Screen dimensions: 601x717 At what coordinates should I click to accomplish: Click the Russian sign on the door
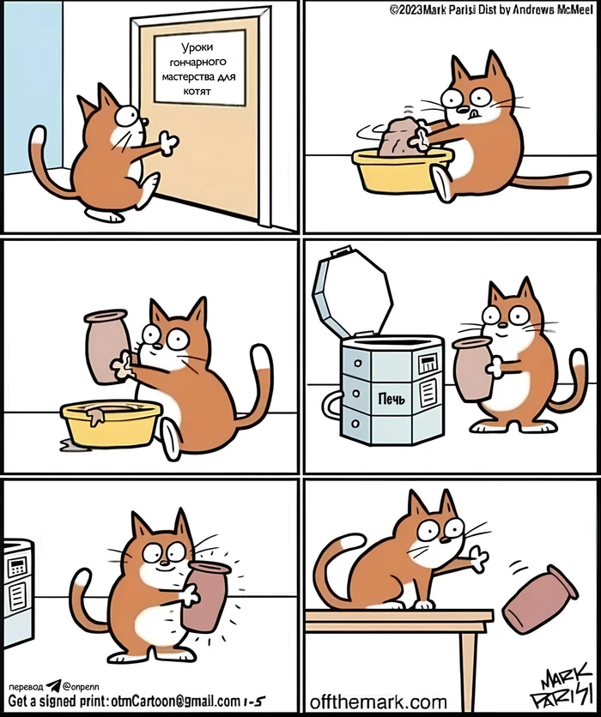[x=199, y=68]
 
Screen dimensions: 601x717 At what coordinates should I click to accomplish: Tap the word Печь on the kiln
[x=392, y=399]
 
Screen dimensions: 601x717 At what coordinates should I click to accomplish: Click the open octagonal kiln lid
[x=352, y=292]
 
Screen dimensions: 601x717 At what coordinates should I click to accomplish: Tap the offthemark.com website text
[x=378, y=702]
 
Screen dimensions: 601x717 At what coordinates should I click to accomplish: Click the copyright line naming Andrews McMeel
[x=491, y=10]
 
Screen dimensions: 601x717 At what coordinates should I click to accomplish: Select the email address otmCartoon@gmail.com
[x=176, y=701]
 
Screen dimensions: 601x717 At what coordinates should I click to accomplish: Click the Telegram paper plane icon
[x=53, y=685]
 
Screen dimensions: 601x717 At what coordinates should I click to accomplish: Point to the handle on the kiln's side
[x=331, y=405]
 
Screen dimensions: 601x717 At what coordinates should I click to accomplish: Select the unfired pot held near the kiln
[x=472, y=369]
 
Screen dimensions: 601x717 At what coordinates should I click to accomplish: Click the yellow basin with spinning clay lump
[x=403, y=170]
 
